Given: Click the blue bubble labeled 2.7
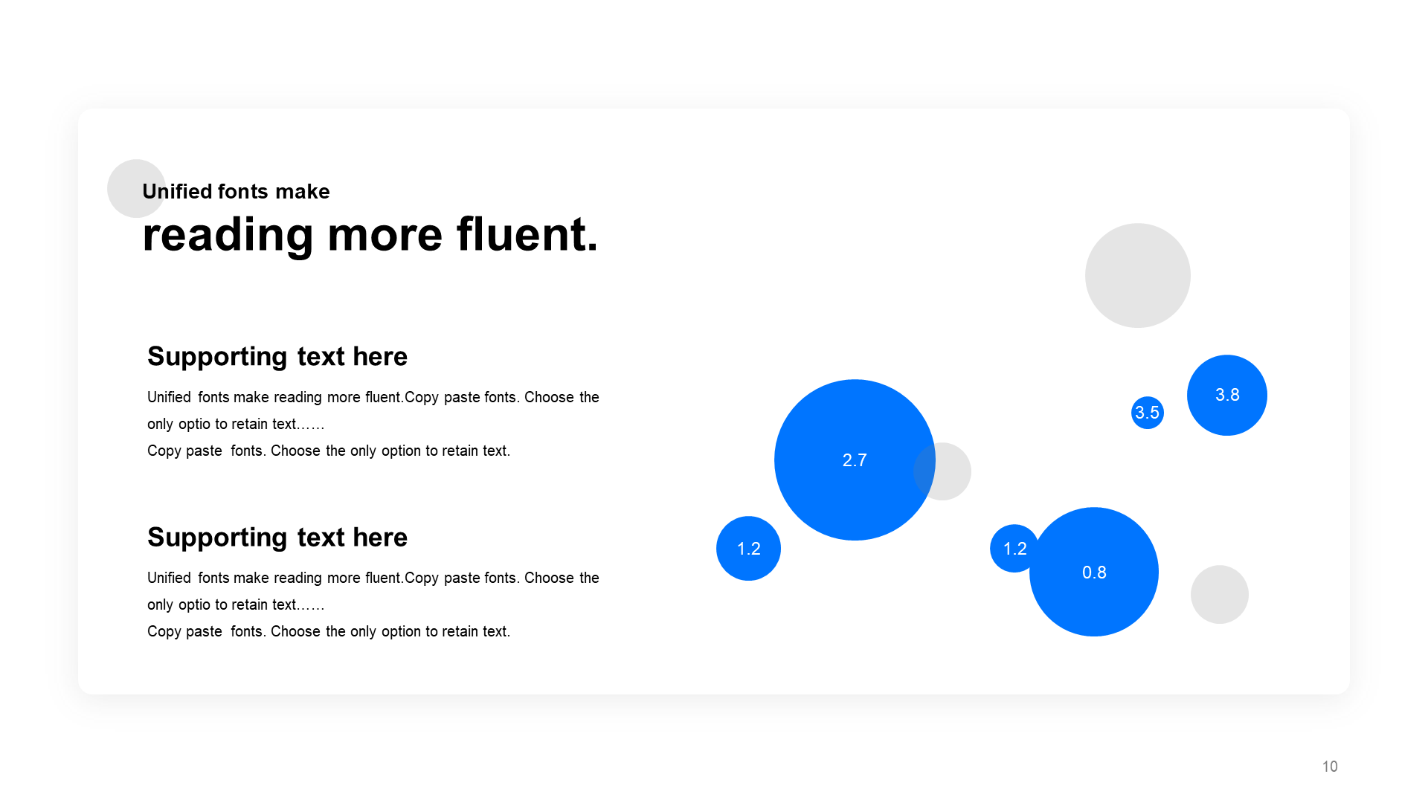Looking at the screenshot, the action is click(855, 460).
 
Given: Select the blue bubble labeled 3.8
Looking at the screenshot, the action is click(1227, 395).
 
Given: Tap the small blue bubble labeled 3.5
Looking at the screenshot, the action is click(1148, 413).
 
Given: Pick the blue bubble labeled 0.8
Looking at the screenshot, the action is click(1094, 572).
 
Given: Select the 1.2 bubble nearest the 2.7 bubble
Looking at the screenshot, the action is click(748, 549).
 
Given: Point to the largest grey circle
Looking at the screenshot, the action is click(1138, 275).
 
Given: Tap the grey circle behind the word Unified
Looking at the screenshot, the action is click(130, 188).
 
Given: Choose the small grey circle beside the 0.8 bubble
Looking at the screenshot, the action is click(1220, 595).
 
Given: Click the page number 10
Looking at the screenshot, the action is click(1330, 767).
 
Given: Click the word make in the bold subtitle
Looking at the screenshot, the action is click(302, 192).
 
